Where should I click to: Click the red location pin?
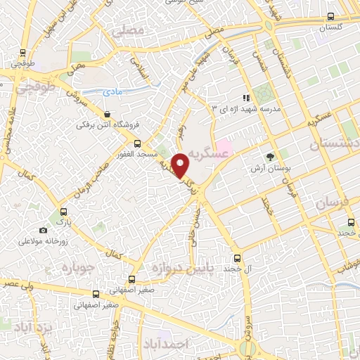181,165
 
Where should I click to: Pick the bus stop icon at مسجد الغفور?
137,143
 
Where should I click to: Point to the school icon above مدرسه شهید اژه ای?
246,98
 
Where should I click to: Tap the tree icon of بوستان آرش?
270,157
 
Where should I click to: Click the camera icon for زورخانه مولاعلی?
44,230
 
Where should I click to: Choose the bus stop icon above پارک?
64,212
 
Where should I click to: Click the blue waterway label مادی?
112,92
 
